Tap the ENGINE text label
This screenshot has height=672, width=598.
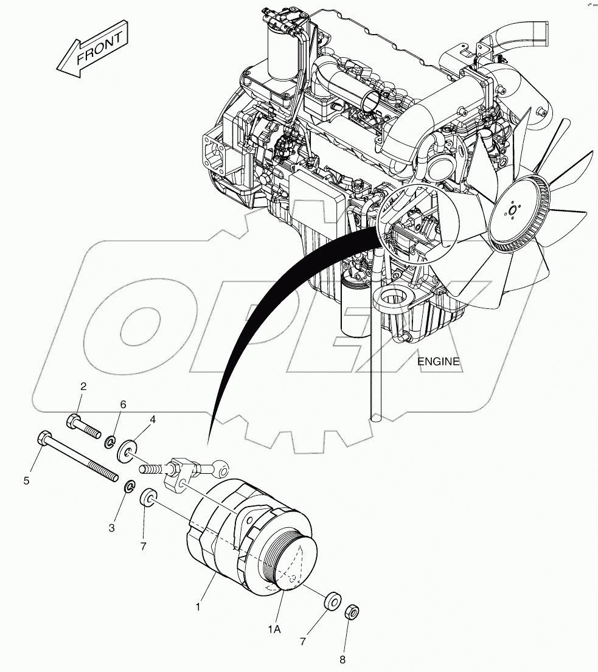[438, 361]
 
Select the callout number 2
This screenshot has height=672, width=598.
[83, 386]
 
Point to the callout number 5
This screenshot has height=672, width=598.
[27, 481]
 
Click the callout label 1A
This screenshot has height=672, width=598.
[274, 629]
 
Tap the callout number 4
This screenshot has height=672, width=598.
[153, 420]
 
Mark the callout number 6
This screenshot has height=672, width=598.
[123, 404]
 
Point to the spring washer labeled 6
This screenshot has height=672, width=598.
[111, 441]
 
